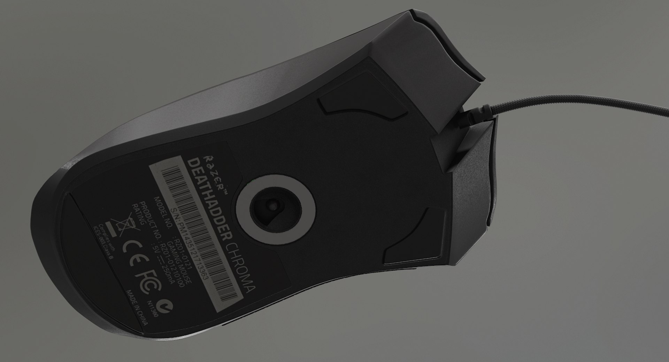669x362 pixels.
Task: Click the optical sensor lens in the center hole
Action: [x=273, y=206]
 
